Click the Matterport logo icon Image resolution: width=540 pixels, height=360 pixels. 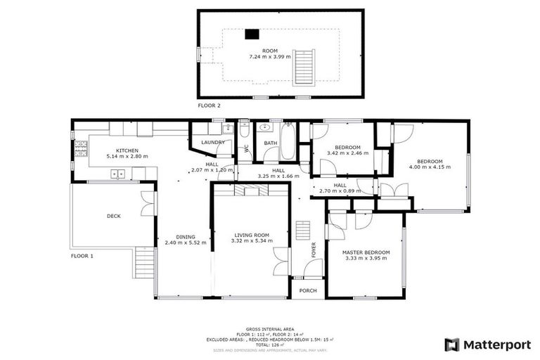click(452, 345)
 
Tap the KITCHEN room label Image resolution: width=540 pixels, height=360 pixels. click(127, 150)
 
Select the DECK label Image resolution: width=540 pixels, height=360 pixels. click(113, 216)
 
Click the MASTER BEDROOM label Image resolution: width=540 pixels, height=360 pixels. click(365, 252)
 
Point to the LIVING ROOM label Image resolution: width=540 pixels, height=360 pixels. click(251, 235)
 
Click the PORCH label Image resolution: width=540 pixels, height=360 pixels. click(308, 290)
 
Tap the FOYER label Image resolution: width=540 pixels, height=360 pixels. click(314, 250)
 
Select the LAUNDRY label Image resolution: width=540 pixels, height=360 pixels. click(212, 143)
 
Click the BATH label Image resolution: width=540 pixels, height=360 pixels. click(271, 143)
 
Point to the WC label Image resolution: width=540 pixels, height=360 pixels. click(246, 148)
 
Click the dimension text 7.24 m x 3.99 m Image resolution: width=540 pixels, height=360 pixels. click(271, 57)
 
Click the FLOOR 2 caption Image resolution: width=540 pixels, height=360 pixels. click(209, 105)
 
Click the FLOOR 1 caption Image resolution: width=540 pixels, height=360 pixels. click(82, 256)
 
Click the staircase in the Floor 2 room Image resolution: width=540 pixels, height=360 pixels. click(303, 66)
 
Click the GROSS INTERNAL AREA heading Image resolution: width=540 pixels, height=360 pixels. click(271, 329)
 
